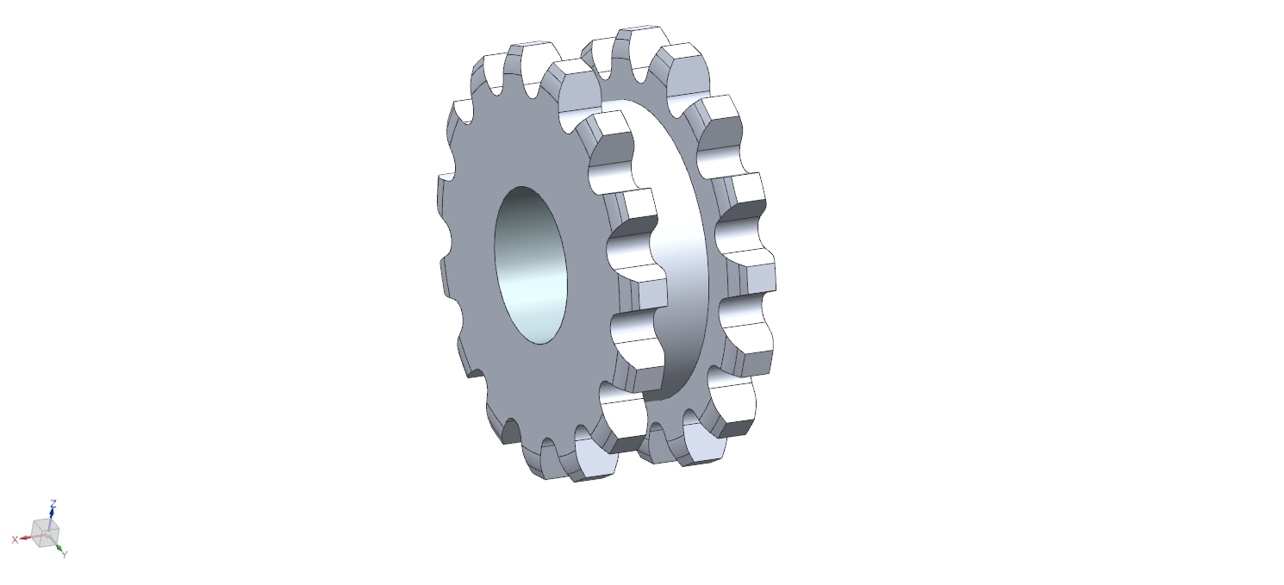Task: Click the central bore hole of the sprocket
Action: tap(531, 265)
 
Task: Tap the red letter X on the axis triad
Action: tap(15, 539)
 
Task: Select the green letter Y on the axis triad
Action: tap(65, 554)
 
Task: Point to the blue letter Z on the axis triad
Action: tap(53, 504)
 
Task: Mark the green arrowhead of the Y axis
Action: tap(59, 548)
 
